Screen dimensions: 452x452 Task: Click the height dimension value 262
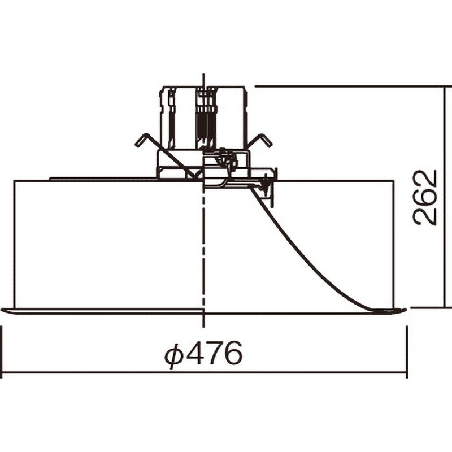coord(425,197)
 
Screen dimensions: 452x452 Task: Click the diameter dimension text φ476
coord(203,354)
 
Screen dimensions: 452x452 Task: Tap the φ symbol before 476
coord(174,355)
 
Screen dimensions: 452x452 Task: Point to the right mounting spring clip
coord(260,141)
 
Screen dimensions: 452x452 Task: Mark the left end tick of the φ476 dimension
coord(2,352)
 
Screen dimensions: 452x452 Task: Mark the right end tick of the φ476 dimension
coord(407,352)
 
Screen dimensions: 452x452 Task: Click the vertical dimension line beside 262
coord(444,197)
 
